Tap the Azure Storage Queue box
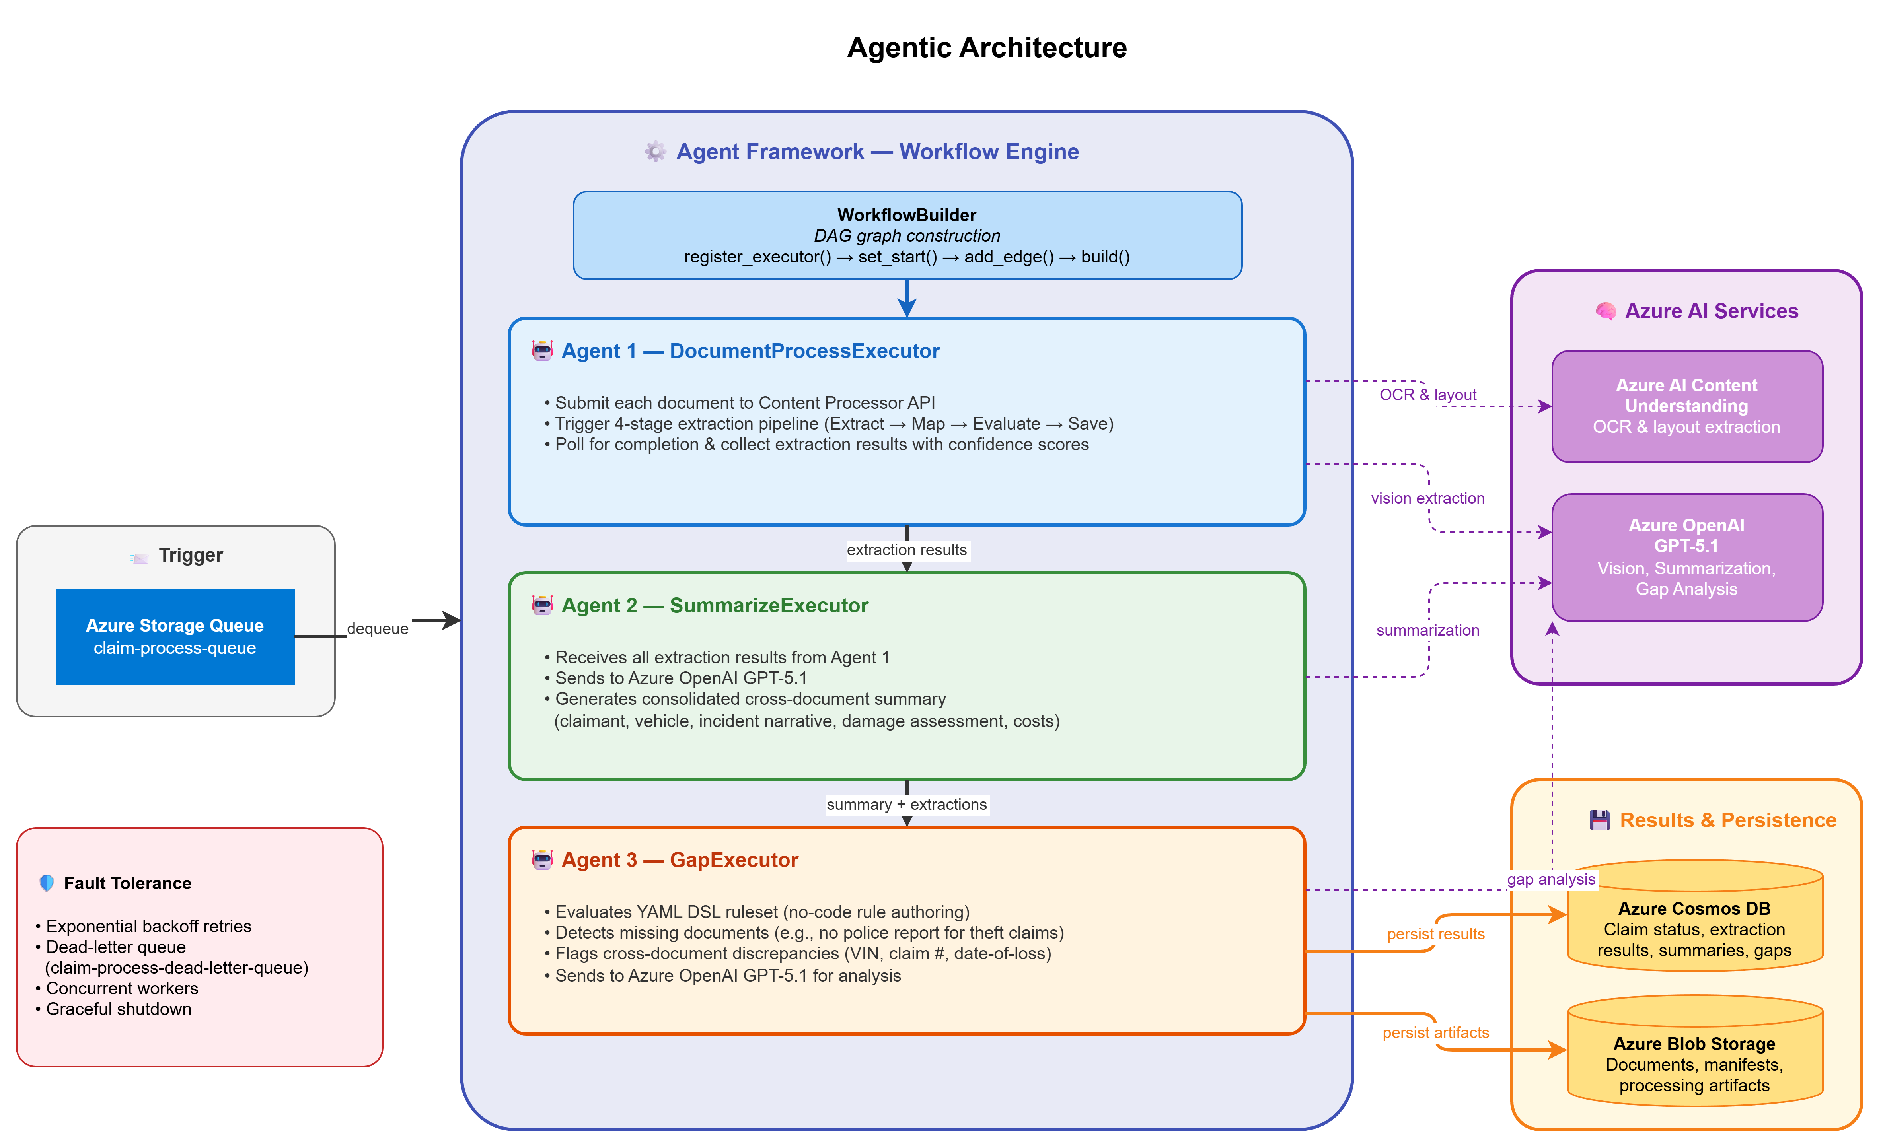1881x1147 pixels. point(175,636)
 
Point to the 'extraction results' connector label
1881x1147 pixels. point(907,550)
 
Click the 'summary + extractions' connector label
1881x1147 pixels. point(907,804)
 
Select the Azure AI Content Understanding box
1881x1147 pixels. point(1687,406)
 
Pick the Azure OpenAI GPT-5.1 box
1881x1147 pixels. point(1687,557)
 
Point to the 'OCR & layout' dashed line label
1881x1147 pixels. point(1427,395)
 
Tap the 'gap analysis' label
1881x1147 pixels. point(1551,879)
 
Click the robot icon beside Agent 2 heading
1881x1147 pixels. point(542,605)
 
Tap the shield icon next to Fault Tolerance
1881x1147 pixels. point(47,883)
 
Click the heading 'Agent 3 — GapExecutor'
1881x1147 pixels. point(680,860)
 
